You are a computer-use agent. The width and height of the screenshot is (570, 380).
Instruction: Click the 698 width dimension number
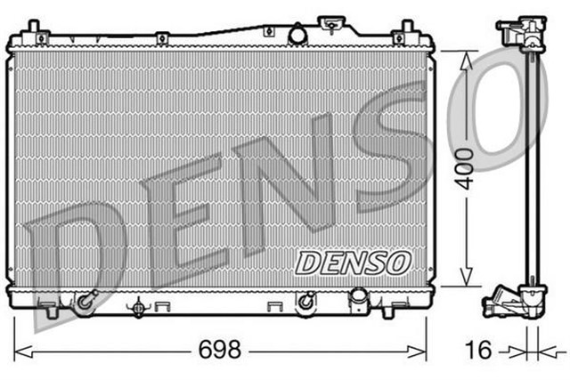pos(221,350)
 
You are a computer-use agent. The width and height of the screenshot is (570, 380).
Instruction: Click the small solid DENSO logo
pos(354,262)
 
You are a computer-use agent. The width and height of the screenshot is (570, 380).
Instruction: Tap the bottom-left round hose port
pos(85,302)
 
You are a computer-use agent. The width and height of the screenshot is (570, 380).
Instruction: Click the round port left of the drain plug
pos(306,301)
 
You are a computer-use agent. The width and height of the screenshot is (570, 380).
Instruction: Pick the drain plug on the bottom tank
pos(358,296)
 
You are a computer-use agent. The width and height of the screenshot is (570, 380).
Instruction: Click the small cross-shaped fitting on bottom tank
pos(138,307)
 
